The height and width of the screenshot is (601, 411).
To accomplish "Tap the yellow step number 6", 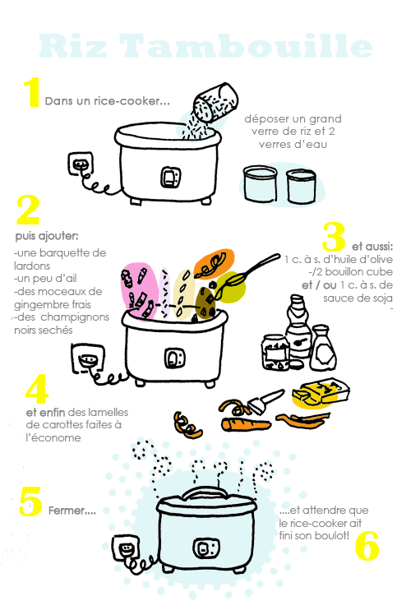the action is point(367,546).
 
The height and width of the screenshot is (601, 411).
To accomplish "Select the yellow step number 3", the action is point(334,236).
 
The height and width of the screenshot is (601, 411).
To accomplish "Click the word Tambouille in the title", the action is point(246,46).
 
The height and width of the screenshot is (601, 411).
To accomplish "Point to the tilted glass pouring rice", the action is point(215,102).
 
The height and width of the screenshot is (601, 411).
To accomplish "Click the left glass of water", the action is point(261,184).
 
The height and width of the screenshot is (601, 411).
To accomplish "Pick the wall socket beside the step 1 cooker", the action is point(81,164).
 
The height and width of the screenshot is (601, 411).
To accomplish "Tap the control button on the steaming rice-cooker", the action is point(206,548).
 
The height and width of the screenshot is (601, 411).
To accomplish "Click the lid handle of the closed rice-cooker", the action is point(206,493).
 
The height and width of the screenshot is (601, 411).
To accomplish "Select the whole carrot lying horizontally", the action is point(246,424).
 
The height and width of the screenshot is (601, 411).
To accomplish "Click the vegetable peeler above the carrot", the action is point(265,401).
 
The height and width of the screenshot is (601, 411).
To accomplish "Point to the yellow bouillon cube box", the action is point(321,392).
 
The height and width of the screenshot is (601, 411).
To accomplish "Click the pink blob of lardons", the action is point(139,291).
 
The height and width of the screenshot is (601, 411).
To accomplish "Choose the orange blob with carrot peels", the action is point(214,264).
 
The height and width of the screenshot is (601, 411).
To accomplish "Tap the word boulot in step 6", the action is point(335,535).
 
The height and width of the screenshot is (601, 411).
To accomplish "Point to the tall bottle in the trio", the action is point(298,328).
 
